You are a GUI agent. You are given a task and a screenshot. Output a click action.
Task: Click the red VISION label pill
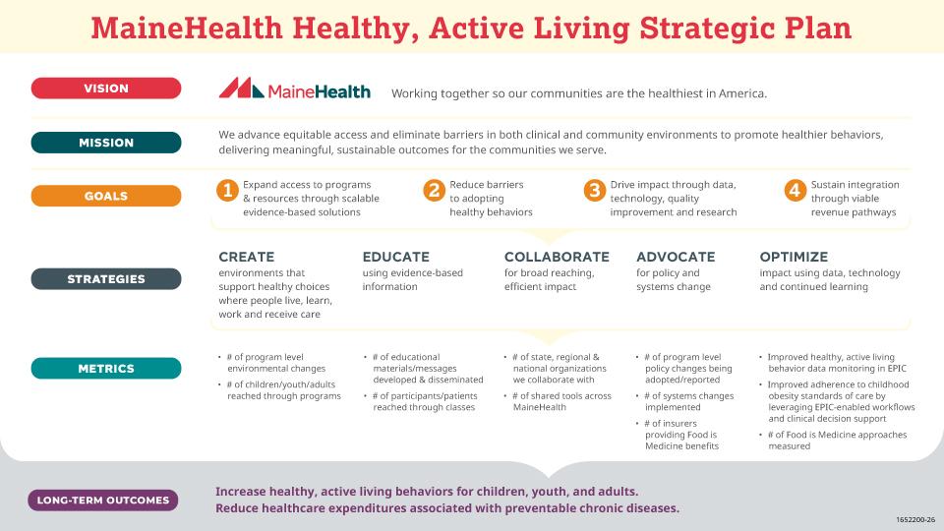[x=106, y=88]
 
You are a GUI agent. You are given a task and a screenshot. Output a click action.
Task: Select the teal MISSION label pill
[x=106, y=143]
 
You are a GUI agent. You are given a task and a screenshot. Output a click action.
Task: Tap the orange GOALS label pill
[x=106, y=196]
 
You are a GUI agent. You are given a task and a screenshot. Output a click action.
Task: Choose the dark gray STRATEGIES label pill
[x=106, y=279]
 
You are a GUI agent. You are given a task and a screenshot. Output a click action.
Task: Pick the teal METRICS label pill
[x=106, y=370]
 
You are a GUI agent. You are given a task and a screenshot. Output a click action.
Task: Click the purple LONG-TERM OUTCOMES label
[x=103, y=501]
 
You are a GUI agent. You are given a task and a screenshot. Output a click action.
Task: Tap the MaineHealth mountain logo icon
[x=235, y=89]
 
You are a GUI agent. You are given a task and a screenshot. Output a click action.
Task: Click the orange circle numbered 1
[x=227, y=190]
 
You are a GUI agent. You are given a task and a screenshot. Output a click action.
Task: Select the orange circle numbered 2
[x=434, y=190]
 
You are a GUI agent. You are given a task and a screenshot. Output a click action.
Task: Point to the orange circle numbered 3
[x=594, y=190]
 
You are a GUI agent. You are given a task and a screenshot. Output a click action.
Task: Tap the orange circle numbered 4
[x=795, y=190]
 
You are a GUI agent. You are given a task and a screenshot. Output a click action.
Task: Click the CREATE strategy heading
[x=246, y=257]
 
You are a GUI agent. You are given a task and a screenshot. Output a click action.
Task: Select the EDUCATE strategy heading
[x=395, y=257]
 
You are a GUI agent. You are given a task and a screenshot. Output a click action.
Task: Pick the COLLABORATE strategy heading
[x=557, y=257]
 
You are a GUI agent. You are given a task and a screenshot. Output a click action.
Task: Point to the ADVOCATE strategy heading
[x=676, y=257]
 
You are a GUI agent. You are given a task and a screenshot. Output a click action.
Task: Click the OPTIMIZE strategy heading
[x=794, y=257]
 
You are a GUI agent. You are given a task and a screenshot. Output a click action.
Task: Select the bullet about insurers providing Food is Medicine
[x=680, y=435]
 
